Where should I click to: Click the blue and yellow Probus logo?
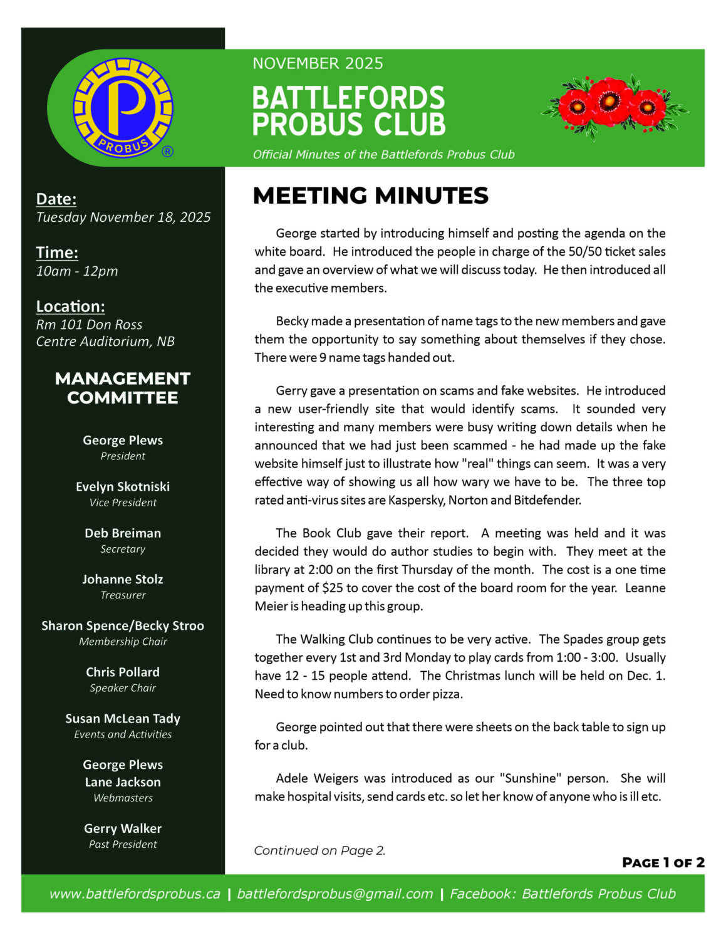click(x=123, y=107)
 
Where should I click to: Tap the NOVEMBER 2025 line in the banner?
click(x=318, y=63)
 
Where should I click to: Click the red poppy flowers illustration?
click(x=613, y=105)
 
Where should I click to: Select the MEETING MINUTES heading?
click(x=370, y=196)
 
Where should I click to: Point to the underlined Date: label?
click(x=56, y=199)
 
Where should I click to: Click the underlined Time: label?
click(x=57, y=253)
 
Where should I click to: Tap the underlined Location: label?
click(x=70, y=306)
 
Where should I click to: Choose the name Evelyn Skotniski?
click(x=123, y=487)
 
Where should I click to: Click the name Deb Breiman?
click(x=123, y=533)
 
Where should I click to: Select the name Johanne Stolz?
click(x=123, y=580)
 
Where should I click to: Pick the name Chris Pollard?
click(x=123, y=672)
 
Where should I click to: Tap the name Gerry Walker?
click(x=123, y=828)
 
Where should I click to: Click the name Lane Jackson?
click(x=123, y=782)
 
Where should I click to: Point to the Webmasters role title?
click(x=123, y=798)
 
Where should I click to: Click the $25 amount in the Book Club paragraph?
click(x=332, y=588)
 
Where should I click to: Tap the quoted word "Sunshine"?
click(x=528, y=778)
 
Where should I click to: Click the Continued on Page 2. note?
click(x=319, y=850)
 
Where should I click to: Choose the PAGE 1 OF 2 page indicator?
click(x=663, y=863)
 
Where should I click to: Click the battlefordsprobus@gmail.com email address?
click(x=335, y=894)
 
